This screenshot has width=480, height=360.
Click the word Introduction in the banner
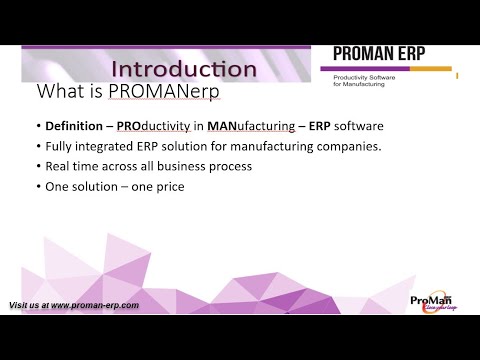click(183, 69)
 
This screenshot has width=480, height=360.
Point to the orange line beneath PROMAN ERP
click(390, 70)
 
